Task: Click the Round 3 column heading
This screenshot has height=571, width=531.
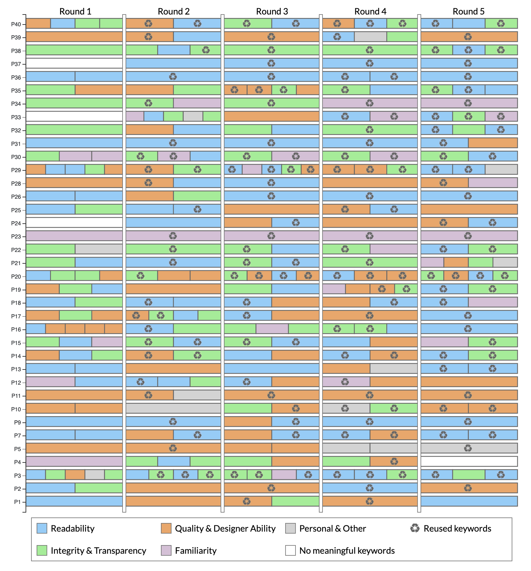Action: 272,11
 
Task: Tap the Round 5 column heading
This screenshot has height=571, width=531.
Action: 469,11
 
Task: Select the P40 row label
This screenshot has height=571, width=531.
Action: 16,24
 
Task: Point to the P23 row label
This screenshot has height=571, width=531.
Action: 16,236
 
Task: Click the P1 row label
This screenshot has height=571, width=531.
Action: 17,502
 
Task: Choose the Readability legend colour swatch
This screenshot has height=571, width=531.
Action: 42,528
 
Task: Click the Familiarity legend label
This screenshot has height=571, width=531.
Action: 195,551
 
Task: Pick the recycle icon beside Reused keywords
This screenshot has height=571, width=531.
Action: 415,528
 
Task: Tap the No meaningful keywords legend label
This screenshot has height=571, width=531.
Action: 347,551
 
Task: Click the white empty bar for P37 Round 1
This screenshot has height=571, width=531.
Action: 74,63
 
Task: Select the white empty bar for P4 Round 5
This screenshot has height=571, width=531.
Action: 469,461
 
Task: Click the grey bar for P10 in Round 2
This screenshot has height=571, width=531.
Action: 173,408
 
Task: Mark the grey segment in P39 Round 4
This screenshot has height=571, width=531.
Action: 370,37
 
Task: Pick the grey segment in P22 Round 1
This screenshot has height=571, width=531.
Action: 99,249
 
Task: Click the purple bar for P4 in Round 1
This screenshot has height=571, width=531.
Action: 74,461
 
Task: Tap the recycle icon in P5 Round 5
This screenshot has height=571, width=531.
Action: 468,448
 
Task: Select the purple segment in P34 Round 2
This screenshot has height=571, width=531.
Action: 197,103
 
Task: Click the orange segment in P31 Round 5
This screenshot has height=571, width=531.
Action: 493,143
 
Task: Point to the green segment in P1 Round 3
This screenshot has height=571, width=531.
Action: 296,501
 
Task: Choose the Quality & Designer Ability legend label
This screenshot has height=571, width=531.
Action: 225,528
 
